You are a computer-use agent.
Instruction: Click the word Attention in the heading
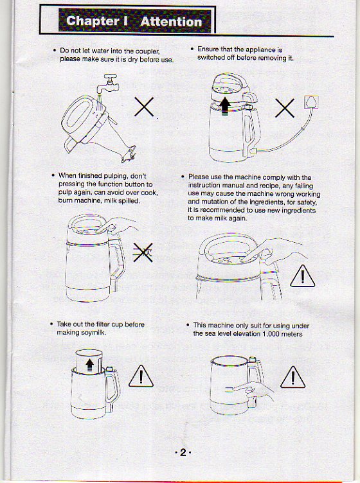pos(170,21)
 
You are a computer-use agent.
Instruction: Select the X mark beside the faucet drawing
pos(144,107)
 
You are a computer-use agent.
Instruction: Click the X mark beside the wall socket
pos(284,109)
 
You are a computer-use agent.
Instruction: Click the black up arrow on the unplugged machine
pos(224,105)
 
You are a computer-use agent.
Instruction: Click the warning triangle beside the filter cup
pos(141,375)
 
